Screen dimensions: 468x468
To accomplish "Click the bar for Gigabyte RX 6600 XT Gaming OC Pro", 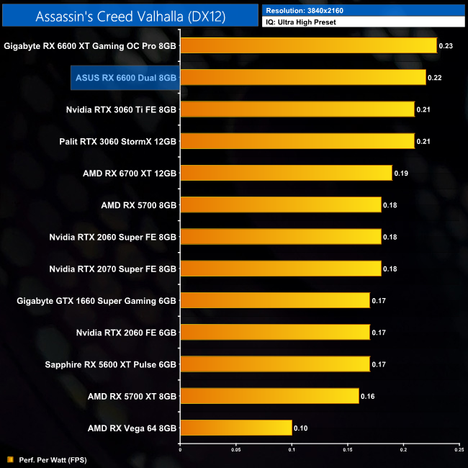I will [x=308, y=45].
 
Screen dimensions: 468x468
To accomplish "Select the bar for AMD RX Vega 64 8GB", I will [x=235, y=428].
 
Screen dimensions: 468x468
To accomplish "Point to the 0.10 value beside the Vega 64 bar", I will [x=300, y=428].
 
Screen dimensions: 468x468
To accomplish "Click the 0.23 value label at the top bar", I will [x=446, y=46].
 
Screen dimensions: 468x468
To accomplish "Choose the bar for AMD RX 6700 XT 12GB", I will [x=286, y=173].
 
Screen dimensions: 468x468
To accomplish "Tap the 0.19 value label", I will [x=401, y=174].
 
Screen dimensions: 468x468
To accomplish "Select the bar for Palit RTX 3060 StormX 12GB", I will [x=297, y=141].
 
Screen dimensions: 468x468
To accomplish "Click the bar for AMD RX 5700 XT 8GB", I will [x=269, y=396].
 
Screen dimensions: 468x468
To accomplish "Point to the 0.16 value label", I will [x=367, y=396].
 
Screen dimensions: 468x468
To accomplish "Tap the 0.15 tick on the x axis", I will [x=348, y=450].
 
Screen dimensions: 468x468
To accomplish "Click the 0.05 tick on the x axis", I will [x=235, y=450].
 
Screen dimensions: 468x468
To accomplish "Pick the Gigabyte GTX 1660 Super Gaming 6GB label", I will [x=96, y=300].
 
